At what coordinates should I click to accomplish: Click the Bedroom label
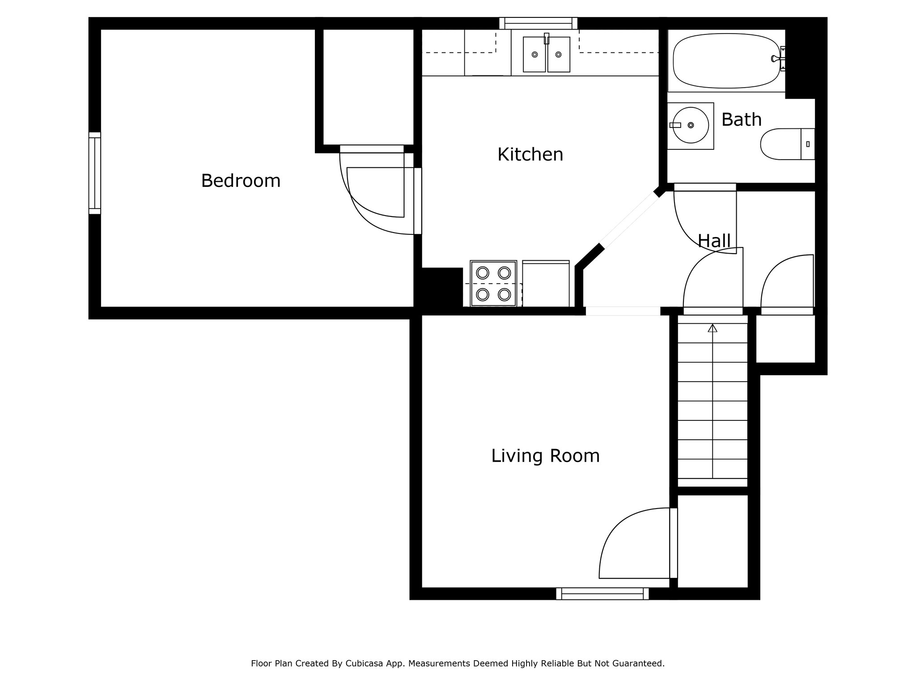point(241,181)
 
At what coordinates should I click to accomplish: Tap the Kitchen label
point(530,155)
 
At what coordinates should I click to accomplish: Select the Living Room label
point(545,456)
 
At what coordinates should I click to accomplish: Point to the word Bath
point(741,120)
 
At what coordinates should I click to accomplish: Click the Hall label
point(714,241)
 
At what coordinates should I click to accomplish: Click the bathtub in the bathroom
point(727,61)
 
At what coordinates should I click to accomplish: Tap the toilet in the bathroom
point(788,144)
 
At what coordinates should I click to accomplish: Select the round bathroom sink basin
point(691,125)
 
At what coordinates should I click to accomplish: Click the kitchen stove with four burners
point(493,284)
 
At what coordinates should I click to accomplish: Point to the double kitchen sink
point(547,54)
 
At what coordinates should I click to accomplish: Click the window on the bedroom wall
point(95,173)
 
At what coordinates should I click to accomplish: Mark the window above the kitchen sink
point(539,23)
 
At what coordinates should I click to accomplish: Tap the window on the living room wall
point(602,594)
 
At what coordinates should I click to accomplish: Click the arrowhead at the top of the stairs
point(712,328)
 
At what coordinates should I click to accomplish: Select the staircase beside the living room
point(712,401)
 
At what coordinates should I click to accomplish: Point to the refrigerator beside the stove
point(546,284)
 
